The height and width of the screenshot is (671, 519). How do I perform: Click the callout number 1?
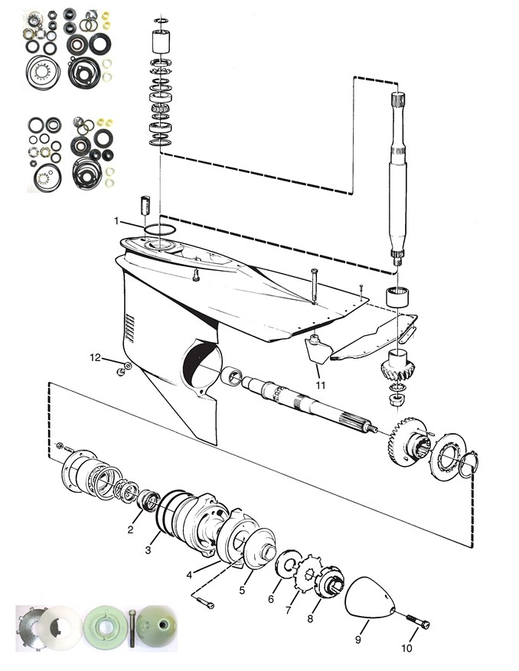117,221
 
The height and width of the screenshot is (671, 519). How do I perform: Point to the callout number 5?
242,590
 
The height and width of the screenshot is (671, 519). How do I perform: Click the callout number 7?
289,611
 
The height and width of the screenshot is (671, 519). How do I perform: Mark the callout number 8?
311,617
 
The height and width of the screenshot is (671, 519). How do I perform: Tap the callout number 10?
406,648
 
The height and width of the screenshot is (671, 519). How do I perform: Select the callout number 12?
95,357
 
